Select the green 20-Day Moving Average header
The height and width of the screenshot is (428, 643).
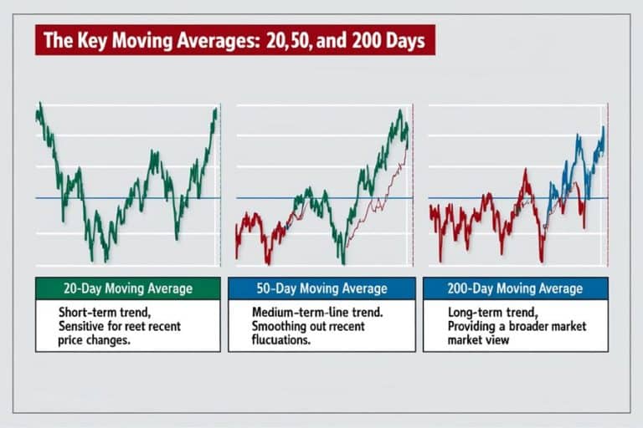127,288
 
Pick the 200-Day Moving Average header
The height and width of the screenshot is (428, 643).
515,288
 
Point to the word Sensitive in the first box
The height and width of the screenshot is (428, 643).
85,326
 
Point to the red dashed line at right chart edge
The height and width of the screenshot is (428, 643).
606,184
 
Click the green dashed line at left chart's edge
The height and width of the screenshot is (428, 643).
219,184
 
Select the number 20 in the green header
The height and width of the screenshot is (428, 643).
72,288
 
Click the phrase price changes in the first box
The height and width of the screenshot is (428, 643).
95,340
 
